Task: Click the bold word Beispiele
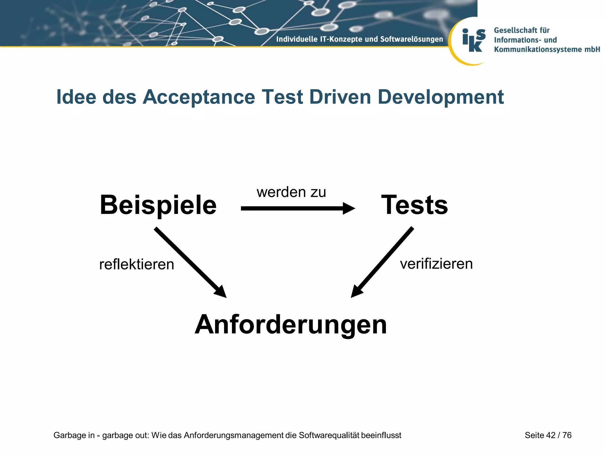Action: [x=158, y=205]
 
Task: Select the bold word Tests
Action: [x=415, y=205]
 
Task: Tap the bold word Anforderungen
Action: [x=291, y=325]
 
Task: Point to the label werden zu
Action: [x=291, y=192]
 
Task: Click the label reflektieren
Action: [x=137, y=264]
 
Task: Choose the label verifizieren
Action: [x=436, y=264]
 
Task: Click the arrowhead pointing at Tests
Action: [x=349, y=209]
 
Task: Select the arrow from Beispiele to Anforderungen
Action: [x=189, y=262]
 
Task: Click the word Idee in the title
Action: [x=76, y=97]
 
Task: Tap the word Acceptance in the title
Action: [x=199, y=97]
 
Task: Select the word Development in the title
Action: [x=441, y=97]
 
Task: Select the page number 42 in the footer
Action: [x=551, y=435]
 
